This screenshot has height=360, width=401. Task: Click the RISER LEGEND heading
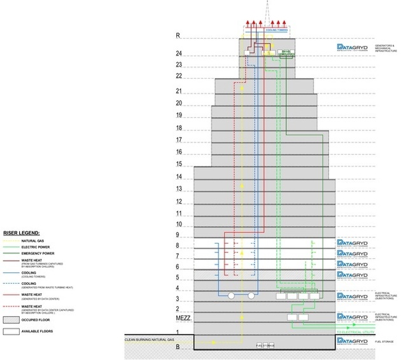(x=22, y=234)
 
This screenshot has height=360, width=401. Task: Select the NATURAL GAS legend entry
(x=32, y=241)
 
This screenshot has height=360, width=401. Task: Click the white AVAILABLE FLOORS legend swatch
(x=10, y=331)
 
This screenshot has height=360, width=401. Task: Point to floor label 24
(x=179, y=53)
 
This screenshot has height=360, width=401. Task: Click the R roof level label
(x=179, y=36)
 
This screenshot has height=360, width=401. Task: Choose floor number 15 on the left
(x=179, y=165)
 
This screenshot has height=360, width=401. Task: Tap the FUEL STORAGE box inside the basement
(x=265, y=345)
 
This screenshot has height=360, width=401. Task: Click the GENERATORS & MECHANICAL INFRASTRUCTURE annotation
(x=386, y=47)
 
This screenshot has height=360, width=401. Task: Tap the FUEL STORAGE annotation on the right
(x=383, y=343)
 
